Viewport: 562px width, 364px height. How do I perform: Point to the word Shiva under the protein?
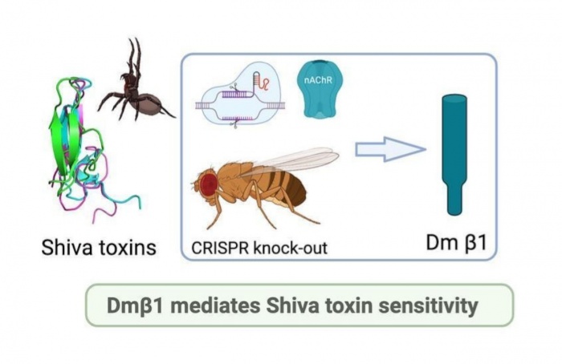(x=65, y=247)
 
